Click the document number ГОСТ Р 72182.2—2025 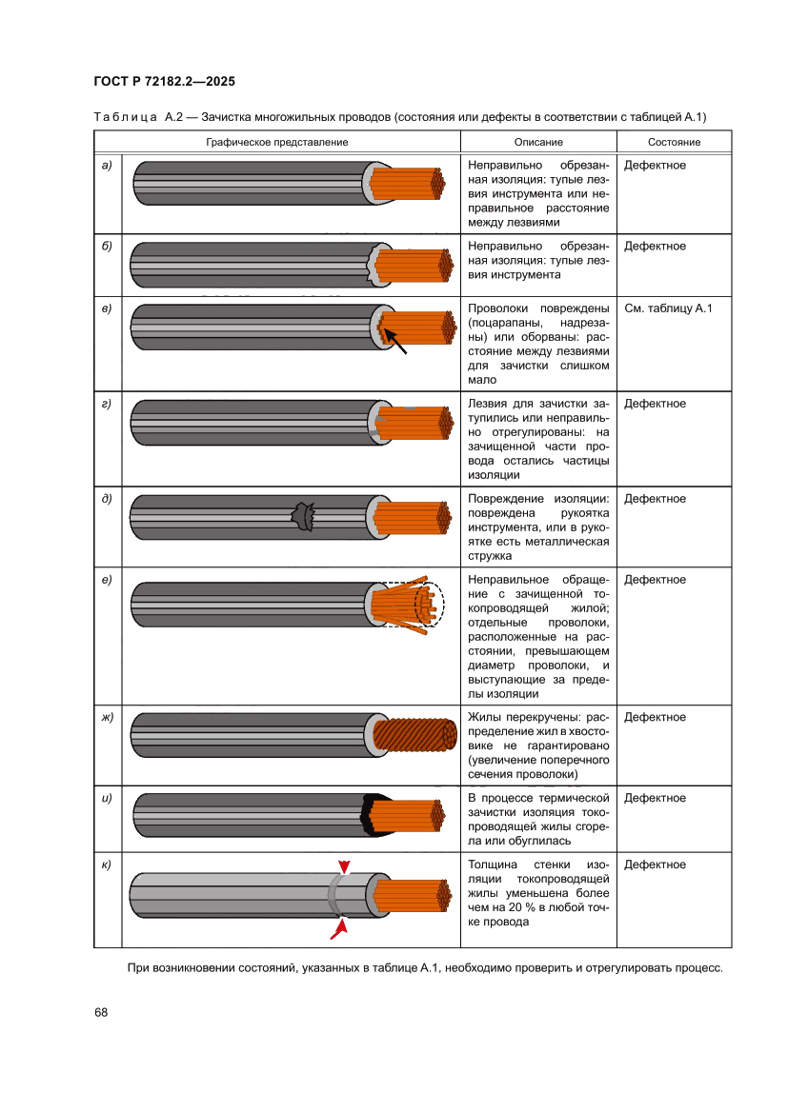pos(164,81)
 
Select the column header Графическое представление pos(277,142)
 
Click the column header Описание pos(538,142)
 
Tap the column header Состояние pos(674,142)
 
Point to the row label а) pos(107,166)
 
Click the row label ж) pos(108,718)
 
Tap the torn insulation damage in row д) pos(304,517)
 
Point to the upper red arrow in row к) pos(344,867)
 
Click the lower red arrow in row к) pos(337,928)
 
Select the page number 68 pos(100,1012)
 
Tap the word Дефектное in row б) pos(655,247)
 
